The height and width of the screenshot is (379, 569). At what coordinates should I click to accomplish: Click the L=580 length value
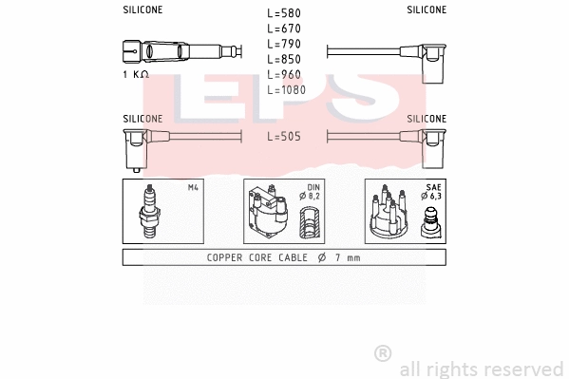pyautogui.click(x=284, y=14)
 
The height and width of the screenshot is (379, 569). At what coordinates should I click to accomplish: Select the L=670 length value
pyautogui.click(x=284, y=29)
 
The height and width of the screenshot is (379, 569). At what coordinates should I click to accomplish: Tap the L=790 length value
pyautogui.click(x=284, y=45)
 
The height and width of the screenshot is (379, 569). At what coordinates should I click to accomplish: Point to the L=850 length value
pyautogui.click(x=284, y=60)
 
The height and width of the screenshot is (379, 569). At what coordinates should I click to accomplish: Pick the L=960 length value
pyautogui.click(x=284, y=75)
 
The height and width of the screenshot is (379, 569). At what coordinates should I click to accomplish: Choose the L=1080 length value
pyautogui.click(x=287, y=90)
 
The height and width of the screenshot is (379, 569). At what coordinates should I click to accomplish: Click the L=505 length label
pyautogui.click(x=284, y=137)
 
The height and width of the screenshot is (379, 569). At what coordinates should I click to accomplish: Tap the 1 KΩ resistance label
pyautogui.click(x=136, y=73)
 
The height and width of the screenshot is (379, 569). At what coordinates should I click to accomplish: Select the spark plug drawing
pyautogui.click(x=147, y=211)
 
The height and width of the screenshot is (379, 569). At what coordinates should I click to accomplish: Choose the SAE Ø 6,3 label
pyautogui.click(x=432, y=192)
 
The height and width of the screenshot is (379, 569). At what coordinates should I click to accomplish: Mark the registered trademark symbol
pyautogui.click(x=383, y=353)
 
